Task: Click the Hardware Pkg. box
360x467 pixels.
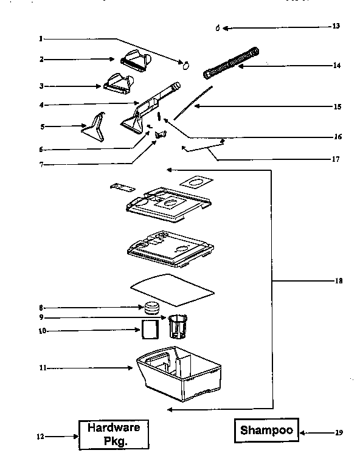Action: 112,434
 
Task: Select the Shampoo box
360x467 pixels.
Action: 266,430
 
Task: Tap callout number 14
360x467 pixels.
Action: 337,65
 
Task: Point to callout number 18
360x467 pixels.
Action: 339,281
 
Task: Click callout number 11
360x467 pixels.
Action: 41,368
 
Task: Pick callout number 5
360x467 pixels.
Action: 42,126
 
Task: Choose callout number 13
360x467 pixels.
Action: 336,27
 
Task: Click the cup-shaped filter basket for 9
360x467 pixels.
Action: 177,325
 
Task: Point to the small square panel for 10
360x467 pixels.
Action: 150,330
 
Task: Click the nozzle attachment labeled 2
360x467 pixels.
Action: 139,60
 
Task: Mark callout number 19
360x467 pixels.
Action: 339,433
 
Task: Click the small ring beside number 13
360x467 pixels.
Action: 218,28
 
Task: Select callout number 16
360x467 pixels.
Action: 339,137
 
